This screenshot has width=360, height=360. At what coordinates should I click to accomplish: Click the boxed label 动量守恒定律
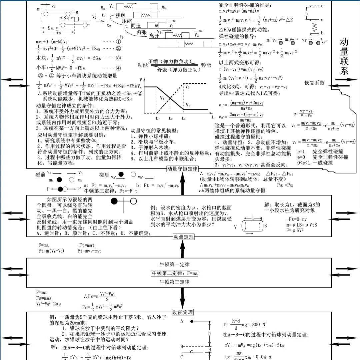click(x=182, y=169)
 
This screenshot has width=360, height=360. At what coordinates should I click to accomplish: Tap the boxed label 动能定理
click(x=183, y=313)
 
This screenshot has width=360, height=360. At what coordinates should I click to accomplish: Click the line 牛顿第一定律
click(x=175, y=265)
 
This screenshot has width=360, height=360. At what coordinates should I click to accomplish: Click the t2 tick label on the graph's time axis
click(x=170, y=118)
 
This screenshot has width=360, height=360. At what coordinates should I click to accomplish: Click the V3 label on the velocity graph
click(x=187, y=87)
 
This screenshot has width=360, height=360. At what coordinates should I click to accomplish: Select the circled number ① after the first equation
click(x=118, y=42)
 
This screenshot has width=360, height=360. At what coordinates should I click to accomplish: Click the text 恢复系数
click(x=314, y=83)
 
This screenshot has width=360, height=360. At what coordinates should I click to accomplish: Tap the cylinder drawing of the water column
click(x=253, y=226)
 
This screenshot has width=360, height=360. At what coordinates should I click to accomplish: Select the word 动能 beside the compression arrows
click(x=142, y=65)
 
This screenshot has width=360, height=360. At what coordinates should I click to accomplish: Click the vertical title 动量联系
click(x=344, y=57)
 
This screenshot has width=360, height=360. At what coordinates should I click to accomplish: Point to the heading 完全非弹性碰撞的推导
click(x=241, y=5)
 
